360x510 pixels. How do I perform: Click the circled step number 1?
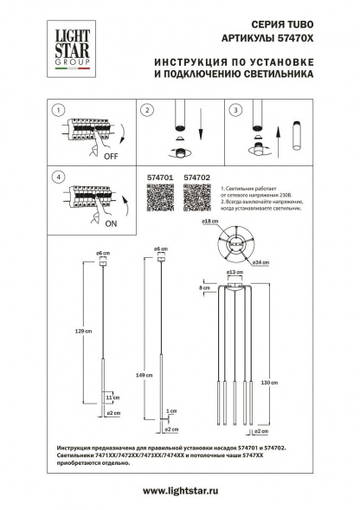57,111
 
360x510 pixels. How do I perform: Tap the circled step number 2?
147,111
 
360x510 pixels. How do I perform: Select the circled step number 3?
234,111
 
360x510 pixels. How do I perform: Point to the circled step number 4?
57,177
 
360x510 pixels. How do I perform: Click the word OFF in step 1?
111,158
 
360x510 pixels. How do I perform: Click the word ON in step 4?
111,222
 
